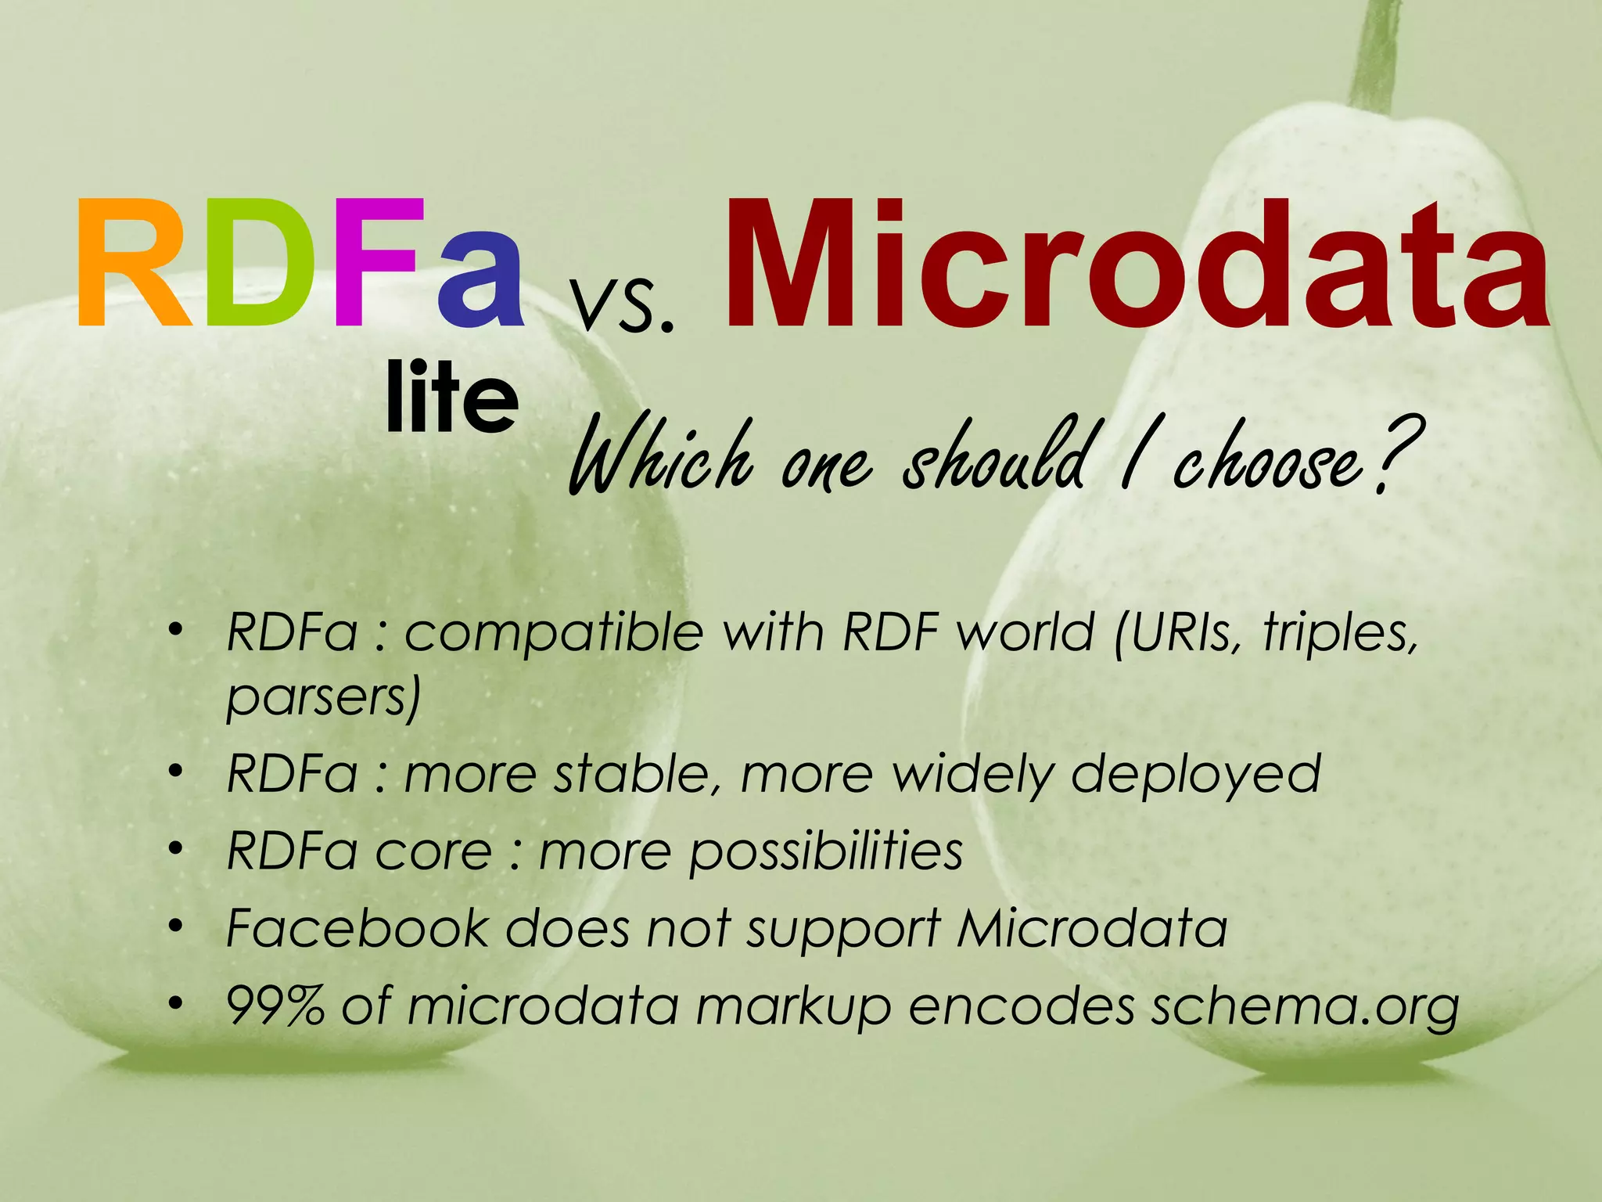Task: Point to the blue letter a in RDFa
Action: tap(480, 278)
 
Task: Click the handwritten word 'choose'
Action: tap(1267, 462)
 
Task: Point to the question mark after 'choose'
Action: tap(1396, 454)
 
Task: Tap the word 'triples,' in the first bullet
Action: tap(1340, 632)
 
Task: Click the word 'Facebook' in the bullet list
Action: tap(357, 929)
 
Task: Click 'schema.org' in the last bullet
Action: tap(1305, 1008)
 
